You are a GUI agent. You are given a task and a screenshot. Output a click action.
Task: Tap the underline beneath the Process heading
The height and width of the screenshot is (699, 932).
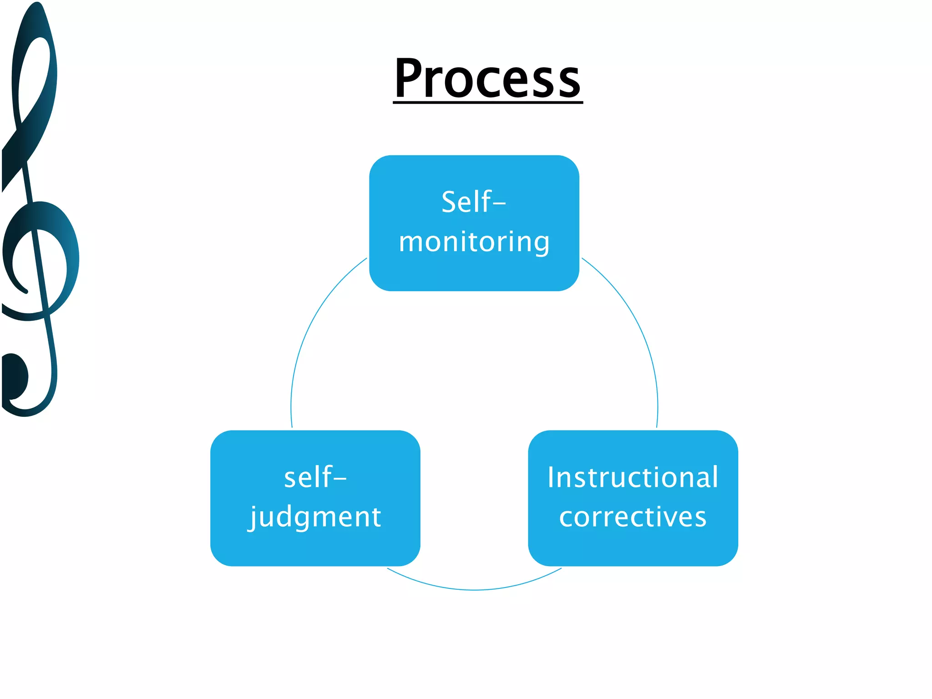tap(487, 103)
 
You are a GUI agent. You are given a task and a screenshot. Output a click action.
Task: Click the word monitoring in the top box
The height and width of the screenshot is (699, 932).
tap(474, 242)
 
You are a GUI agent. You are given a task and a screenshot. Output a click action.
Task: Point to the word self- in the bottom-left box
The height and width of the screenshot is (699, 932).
tap(315, 477)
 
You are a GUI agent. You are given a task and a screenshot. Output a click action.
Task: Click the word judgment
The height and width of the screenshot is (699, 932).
tap(315, 517)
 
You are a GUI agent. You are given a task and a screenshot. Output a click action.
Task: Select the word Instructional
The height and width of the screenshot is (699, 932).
tap(633, 477)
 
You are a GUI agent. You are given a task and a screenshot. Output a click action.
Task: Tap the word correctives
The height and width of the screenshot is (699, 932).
tap(633, 517)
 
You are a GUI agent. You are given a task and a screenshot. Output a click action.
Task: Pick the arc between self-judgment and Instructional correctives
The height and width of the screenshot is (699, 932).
tap(474, 590)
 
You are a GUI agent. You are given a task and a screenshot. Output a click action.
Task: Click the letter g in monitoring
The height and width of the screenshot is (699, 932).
tap(541, 243)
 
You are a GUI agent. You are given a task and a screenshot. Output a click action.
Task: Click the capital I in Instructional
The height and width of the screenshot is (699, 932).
tap(551, 477)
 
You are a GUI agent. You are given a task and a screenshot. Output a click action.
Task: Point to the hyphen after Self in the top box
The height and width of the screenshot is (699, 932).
tap(499, 204)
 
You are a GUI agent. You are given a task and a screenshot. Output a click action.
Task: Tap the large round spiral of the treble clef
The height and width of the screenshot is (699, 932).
tap(41, 259)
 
